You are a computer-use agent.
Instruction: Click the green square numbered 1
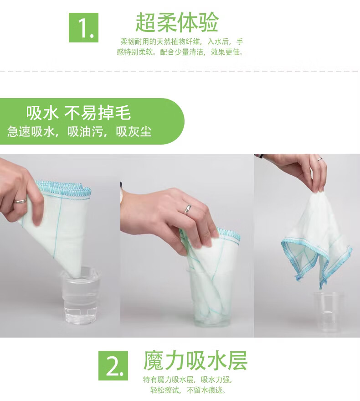(x=83, y=28)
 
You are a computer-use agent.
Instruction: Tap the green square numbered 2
(x=113, y=365)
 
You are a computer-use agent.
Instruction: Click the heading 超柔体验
(x=177, y=22)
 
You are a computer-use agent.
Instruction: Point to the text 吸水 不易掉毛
(x=78, y=113)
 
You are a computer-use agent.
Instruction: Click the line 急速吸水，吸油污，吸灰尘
(x=79, y=132)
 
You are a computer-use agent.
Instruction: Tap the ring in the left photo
(x=20, y=201)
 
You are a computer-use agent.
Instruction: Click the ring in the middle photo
(x=188, y=209)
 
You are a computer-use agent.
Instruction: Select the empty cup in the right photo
(x=329, y=312)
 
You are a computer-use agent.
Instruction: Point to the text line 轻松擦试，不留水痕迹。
(x=188, y=390)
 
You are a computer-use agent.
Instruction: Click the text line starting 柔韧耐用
(x=182, y=42)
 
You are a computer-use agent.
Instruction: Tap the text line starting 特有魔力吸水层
(x=188, y=380)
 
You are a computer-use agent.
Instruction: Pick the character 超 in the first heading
(x=145, y=22)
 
